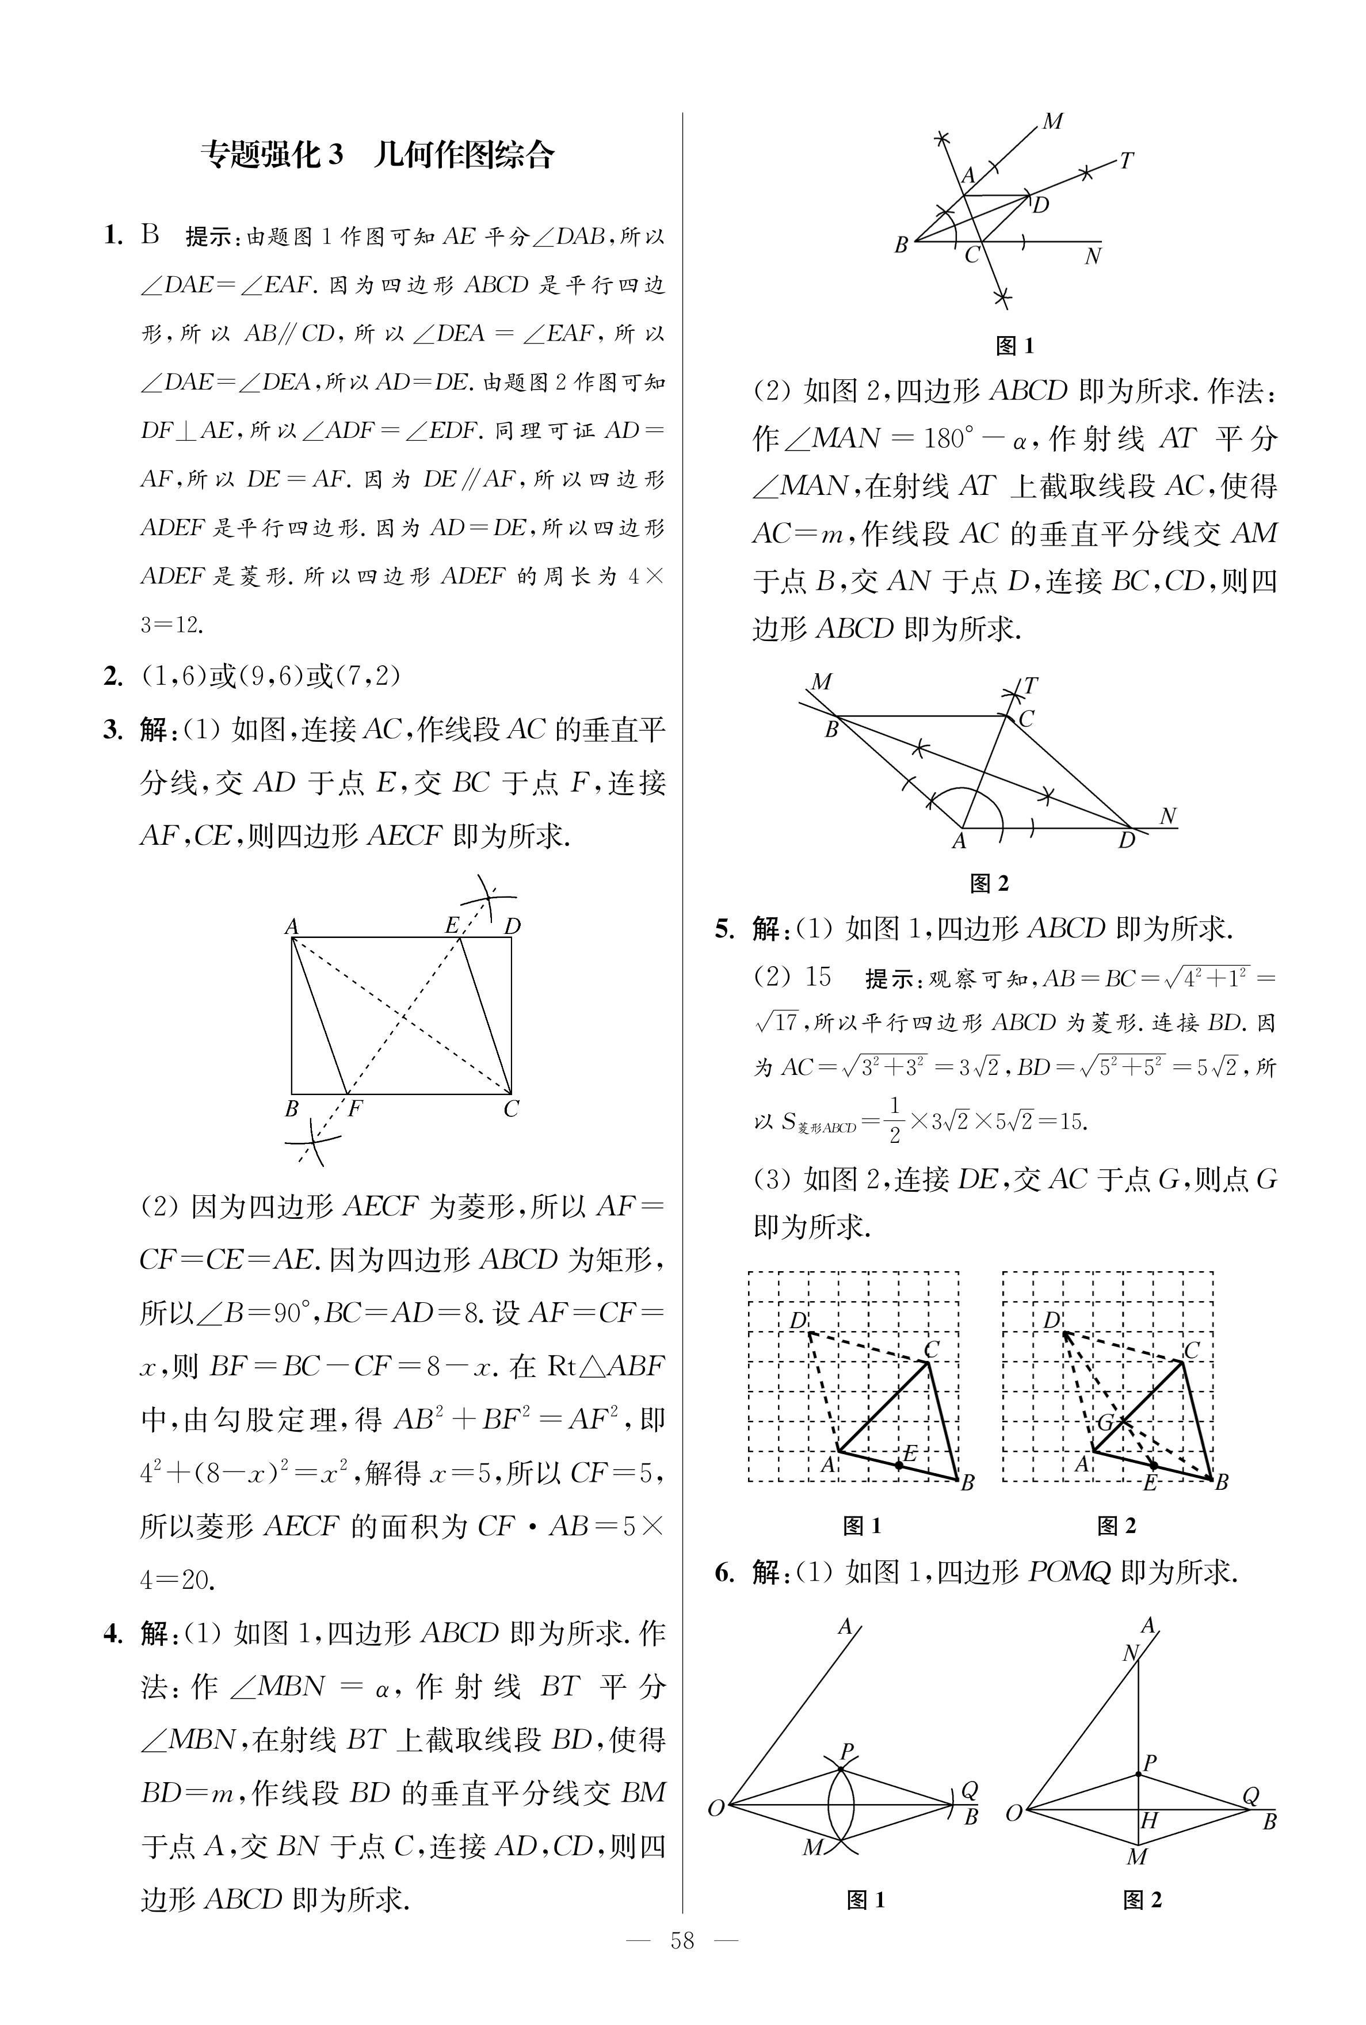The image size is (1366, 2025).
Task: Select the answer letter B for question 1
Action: coord(151,235)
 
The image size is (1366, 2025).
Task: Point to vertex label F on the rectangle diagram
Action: coord(356,1109)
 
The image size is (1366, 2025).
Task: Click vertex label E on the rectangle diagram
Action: coord(451,925)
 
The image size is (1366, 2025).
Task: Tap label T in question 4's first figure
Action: coord(1127,161)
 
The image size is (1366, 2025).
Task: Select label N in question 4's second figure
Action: coord(1168,816)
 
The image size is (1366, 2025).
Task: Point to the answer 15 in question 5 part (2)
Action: coord(818,977)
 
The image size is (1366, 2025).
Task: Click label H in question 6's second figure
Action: coord(1149,1820)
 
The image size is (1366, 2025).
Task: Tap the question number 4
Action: coord(112,1634)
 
